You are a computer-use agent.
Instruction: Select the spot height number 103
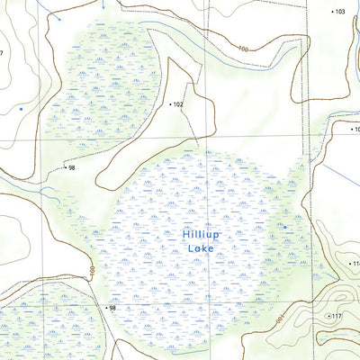coord(339,12)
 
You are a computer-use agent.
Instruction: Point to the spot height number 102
coord(177,105)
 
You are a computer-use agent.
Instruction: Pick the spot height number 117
coord(337,316)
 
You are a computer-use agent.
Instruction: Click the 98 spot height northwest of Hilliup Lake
coord(70,168)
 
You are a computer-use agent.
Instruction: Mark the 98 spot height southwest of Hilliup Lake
coord(112,309)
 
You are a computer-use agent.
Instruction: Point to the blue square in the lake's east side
coord(285,228)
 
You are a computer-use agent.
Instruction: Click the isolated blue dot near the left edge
coord(21,108)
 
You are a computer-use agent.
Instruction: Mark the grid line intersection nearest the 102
coord(202,137)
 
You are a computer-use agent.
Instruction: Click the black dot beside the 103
coord(330,12)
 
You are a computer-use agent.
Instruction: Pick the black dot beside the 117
coord(328,316)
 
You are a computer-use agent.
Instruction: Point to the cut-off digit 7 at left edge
coord(2,53)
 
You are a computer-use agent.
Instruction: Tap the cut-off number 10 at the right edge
coord(355,129)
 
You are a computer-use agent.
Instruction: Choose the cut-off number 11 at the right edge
coord(355,264)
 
